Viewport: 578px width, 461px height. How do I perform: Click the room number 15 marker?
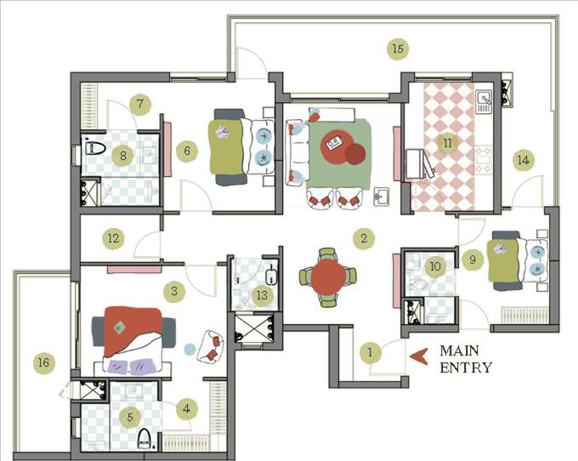click(397, 48)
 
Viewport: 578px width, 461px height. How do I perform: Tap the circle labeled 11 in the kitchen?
click(447, 143)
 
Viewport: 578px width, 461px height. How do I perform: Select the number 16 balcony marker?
click(42, 363)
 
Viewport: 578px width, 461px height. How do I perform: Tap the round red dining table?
click(327, 277)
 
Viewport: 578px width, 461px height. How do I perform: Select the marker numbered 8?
click(123, 156)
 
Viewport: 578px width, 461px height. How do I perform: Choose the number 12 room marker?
click(113, 238)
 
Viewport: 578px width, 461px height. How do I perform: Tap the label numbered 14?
click(523, 159)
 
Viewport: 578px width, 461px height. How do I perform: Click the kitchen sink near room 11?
click(484, 103)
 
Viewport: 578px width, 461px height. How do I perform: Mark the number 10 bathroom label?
click(435, 266)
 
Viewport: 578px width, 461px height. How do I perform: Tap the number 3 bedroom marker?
click(174, 292)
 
